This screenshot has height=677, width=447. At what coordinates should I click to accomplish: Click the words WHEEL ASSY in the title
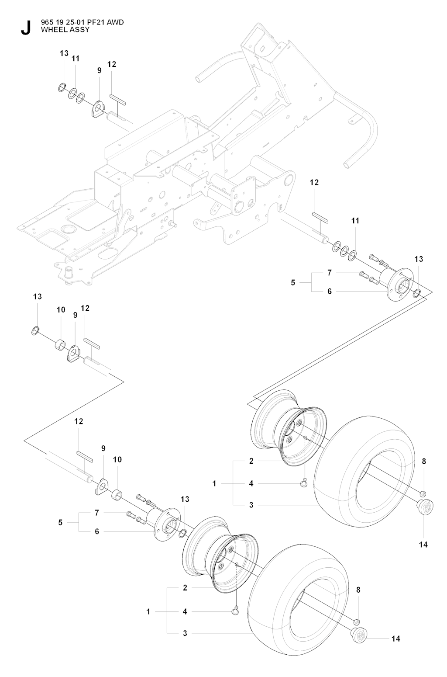click(x=65, y=30)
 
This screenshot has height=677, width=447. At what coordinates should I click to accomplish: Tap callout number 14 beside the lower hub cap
click(x=395, y=639)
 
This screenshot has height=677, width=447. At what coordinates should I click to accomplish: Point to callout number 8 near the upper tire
click(x=424, y=461)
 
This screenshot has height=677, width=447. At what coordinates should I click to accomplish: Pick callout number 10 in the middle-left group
click(x=61, y=310)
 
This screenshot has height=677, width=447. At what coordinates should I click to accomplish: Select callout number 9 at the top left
click(x=99, y=70)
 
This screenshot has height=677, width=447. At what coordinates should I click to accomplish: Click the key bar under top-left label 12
click(x=117, y=99)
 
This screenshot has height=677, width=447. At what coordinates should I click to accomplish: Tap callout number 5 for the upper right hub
click(x=293, y=282)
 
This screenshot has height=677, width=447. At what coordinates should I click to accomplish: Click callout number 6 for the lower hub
click(x=97, y=531)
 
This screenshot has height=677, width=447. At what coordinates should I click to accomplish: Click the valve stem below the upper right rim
click(x=304, y=483)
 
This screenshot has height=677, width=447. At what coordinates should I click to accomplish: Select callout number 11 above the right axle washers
click(x=355, y=221)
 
